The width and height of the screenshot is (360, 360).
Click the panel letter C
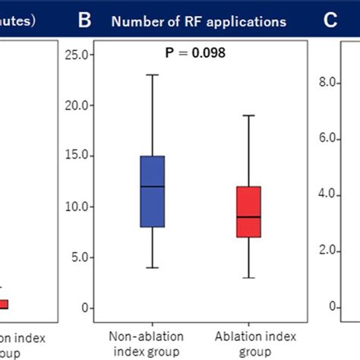click(x=330, y=21)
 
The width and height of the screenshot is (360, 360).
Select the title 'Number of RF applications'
click(x=199, y=21)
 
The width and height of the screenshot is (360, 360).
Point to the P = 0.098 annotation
click(x=196, y=53)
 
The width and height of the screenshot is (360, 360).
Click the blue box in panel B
click(x=153, y=191)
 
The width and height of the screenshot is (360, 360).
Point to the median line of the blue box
click(x=153, y=187)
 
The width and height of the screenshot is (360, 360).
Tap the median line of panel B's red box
click(x=249, y=217)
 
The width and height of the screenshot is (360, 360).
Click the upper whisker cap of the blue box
click(x=153, y=74)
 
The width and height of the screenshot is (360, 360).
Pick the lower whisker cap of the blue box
click(x=153, y=267)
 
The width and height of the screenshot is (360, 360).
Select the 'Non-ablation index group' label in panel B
click(x=144, y=343)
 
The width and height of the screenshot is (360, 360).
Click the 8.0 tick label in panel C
click(x=328, y=83)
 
